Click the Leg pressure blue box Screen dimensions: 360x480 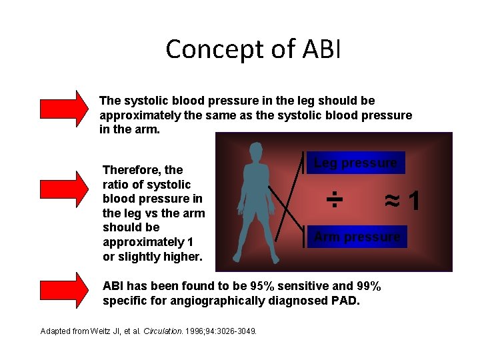pyautogui.click(x=355, y=163)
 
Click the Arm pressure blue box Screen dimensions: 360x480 pyautogui.click(x=357, y=237)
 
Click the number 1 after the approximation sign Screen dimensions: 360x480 pyautogui.click(x=414, y=199)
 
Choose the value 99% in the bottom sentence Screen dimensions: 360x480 pyautogui.click(x=366, y=286)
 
